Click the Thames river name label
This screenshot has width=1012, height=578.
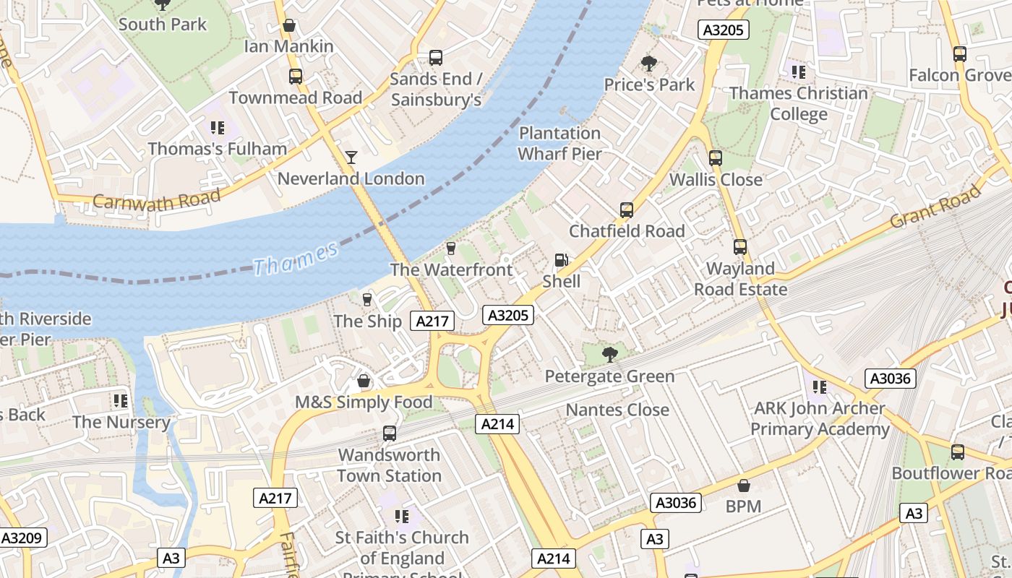(296, 259)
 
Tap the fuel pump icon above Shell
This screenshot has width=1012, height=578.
(561, 260)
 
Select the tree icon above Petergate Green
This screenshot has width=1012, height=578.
(610, 354)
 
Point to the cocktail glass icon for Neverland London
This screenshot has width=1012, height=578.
(351, 157)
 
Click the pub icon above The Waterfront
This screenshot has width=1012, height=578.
(451, 249)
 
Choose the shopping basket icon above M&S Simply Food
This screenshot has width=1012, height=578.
(364, 381)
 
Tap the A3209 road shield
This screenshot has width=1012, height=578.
(24, 538)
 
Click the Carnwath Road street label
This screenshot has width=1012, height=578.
(156, 200)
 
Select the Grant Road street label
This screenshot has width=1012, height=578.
(935, 207)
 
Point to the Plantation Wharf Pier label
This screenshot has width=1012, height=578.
(559, 143)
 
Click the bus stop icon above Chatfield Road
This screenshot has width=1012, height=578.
(627, 210)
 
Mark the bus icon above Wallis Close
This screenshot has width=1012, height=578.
(716, 158)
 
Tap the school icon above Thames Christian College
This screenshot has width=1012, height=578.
(798, 72)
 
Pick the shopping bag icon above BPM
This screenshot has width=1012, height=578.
(743, 486)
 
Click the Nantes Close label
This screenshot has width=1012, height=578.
(617, 410)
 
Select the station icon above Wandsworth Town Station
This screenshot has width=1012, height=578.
(390, 433)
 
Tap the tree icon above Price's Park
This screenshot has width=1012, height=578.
(649, 64)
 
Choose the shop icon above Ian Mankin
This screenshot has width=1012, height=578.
(289, 25)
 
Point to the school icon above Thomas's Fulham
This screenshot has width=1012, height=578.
(217, 128)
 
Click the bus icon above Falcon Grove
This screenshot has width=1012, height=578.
(960, 53)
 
